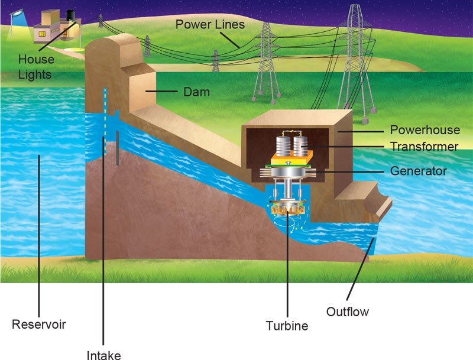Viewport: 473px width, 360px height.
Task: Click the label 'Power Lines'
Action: click(x=210, y=25)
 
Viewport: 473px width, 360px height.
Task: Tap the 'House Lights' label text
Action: click(x=36, y=67)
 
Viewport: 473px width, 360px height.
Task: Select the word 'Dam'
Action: click(x=196, y=92)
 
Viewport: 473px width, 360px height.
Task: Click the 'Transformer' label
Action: click(x=424, y=147)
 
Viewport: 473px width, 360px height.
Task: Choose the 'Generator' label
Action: click(x=419, y=171)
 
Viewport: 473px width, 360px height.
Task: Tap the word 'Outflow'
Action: click(x=348, y=311)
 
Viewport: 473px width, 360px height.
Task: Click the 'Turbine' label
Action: click(x=287, y=325)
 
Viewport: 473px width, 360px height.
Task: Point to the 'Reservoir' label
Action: click(x=38, y=324)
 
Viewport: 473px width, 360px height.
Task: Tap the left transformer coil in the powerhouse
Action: click(x=281, y=147)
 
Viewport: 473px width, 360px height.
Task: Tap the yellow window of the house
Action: click(x=42, y=33)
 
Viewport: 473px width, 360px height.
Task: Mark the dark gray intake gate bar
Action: click(x=118, y=148)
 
